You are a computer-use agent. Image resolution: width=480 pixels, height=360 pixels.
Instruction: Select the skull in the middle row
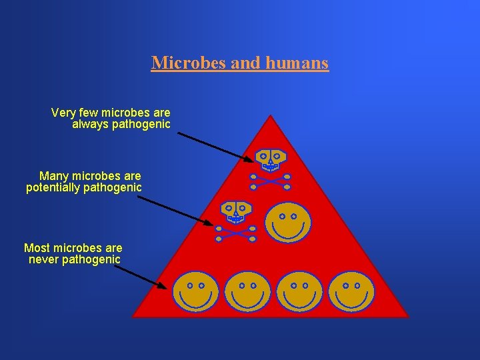point(236,211)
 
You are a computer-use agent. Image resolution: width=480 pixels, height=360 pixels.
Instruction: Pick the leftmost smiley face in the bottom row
point(195,292)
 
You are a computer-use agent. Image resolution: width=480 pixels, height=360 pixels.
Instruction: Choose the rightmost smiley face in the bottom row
point(351,292)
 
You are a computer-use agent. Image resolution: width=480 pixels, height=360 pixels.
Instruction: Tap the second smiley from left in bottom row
point(247,292)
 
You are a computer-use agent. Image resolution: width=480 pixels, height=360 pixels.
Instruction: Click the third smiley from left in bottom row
point(299,292)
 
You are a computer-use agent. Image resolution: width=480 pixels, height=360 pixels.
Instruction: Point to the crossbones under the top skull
point(270,181)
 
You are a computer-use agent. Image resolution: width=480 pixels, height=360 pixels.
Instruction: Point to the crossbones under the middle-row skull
point(235,233)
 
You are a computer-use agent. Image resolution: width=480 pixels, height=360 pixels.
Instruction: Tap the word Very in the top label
point(63,113)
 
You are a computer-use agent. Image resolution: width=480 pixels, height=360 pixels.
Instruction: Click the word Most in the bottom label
point(37,247)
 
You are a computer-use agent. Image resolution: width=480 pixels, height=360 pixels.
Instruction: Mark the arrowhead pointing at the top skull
point(249,159)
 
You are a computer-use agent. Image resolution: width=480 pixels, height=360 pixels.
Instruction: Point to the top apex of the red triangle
point(270,116)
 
